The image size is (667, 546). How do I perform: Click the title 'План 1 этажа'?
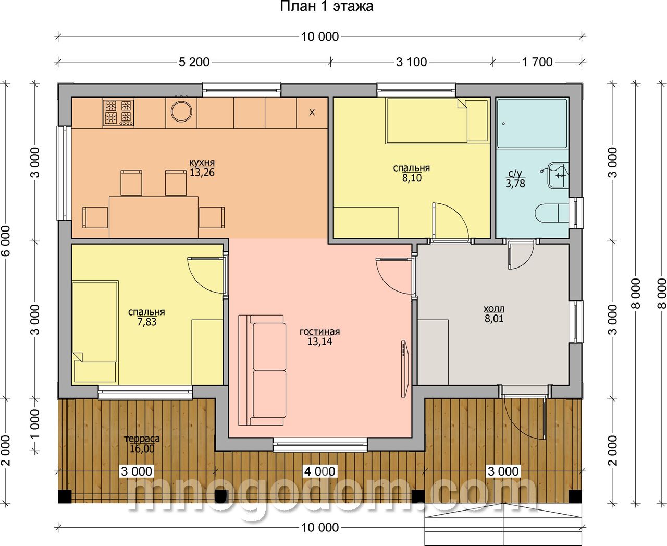(326, 6)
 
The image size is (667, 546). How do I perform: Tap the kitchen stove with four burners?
(118, 113)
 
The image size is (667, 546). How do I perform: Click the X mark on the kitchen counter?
(312, 112)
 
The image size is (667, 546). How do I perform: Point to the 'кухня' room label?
(202, 163)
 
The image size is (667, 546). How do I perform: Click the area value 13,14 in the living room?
(320, 342)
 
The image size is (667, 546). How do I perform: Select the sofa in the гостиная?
(262, 370)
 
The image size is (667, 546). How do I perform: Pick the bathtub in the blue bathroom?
(532, 124)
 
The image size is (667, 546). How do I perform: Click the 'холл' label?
(494, 309)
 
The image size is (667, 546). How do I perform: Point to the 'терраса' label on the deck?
(142, 439)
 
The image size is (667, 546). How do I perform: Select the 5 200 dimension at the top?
(194, 62)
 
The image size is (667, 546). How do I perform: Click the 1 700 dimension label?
(537, 62)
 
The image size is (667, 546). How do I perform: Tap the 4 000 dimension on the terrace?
(320, 471)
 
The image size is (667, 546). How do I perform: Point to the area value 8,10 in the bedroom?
(412, 178)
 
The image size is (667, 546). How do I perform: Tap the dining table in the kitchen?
(154, 217)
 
